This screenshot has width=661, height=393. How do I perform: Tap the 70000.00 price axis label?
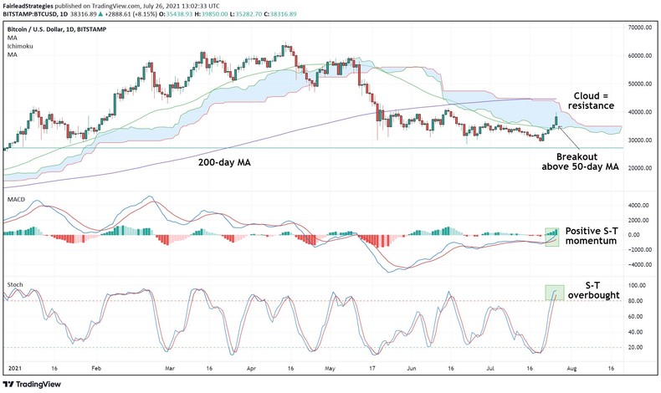[640, 28]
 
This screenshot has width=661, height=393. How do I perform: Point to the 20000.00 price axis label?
[640, 168]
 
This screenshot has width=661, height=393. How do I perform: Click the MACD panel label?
[17, 200]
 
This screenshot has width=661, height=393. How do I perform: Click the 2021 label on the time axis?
[14, 367]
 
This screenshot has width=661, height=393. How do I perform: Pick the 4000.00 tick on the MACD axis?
[639, 205]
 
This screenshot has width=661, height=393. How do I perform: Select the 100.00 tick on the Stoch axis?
[639, 285]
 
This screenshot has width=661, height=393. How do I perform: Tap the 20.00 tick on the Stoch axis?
[639, 347]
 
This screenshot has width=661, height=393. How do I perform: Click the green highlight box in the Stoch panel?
[553, 292]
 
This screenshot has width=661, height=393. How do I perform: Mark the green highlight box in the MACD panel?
[551, 237]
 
